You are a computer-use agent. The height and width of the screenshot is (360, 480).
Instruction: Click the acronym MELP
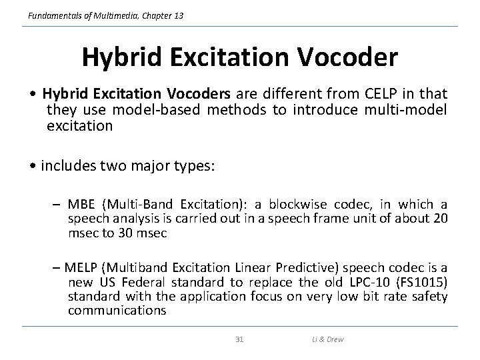[x=81, y=268]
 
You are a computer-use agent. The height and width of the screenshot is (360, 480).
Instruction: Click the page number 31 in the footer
[x=240, y=339]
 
